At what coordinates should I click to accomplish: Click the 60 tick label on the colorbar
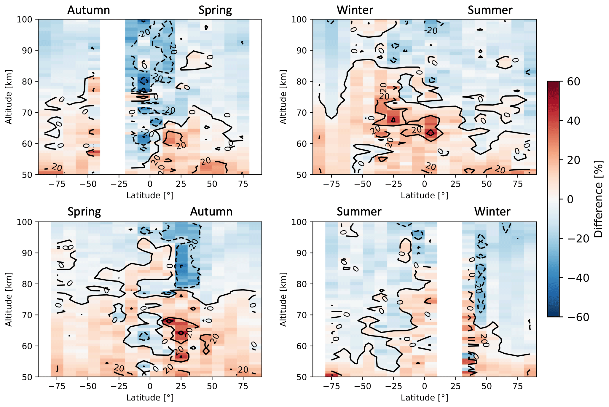tap(573, 82)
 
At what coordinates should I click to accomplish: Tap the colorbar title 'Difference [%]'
tap(599, 199)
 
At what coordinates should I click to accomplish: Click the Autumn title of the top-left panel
tap(89, 10)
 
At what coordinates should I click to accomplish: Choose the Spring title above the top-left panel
tap(215, 10)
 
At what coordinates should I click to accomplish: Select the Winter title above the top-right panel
tap(355, 10)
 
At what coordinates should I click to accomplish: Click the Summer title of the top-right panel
tap(490, 10)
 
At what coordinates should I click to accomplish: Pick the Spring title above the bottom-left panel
tap(84, 212)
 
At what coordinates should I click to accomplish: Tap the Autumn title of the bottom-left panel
tap(211, 212)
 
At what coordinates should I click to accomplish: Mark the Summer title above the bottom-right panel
tap(359, 212)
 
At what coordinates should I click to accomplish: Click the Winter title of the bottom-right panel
tap(492, 212)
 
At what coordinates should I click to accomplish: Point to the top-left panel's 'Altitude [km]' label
tap(9, 97)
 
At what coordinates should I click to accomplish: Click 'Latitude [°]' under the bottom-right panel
tap(424, 398)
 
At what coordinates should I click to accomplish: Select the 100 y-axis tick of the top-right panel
tap(300, 20)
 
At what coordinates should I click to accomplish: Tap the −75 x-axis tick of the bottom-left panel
tap(57, 386)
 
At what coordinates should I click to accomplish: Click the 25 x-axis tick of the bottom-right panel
tap(455, 386)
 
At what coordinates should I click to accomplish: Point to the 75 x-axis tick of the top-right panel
tap(518, 184)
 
